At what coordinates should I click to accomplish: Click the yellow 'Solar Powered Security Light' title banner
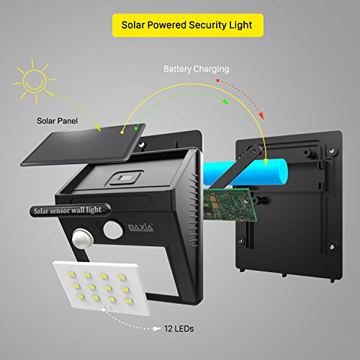click(188, 25)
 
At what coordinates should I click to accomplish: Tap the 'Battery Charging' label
click(197, 69)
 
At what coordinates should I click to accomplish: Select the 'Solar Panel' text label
click(57, 121)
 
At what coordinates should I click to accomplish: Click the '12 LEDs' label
click(179, 328)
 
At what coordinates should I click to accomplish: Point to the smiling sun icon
click(35, 81)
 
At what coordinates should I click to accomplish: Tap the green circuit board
click(230, 204)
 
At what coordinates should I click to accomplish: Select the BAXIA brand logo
click(140, 228)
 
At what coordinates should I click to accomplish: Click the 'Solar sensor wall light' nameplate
click(70, 210)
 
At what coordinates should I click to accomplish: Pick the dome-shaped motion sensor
click(81, 238)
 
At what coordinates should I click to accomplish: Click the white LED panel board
click(102, 288)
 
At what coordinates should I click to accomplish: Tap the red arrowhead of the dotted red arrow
click(261, 116)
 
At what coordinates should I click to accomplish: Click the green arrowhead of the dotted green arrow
click(226, 102)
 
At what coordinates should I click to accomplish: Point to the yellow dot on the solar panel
click(122, 132)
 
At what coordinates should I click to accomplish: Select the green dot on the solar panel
click(136, 129)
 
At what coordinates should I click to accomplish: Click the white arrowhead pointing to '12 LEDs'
click(157, 328)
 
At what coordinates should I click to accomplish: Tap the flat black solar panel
click(84, 145)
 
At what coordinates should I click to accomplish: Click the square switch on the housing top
click(125, 179)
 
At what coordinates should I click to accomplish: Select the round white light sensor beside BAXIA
click(113, 230)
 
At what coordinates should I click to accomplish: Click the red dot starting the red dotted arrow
click(217, 81)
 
